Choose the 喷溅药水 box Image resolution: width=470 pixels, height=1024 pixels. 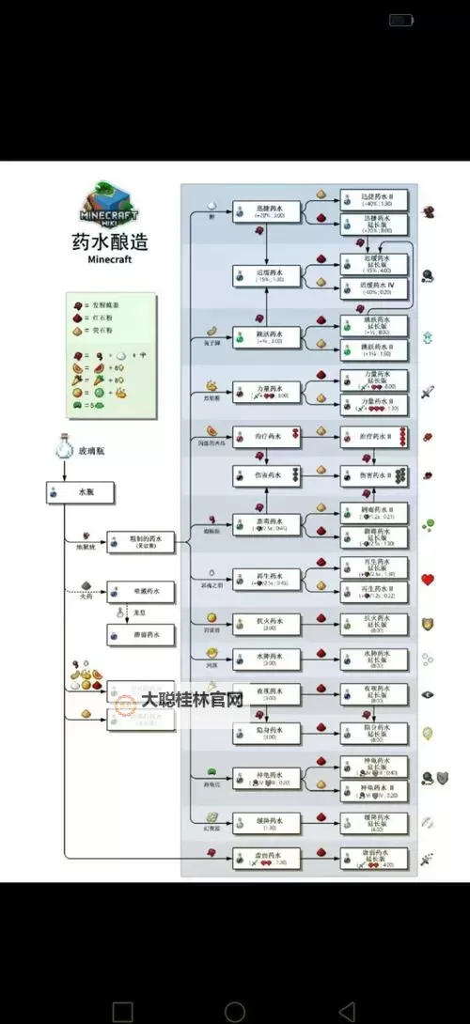141,593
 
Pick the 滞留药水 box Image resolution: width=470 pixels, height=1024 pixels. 141,635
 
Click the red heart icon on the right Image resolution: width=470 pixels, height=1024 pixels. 429,580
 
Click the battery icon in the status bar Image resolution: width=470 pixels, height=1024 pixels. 401,20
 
